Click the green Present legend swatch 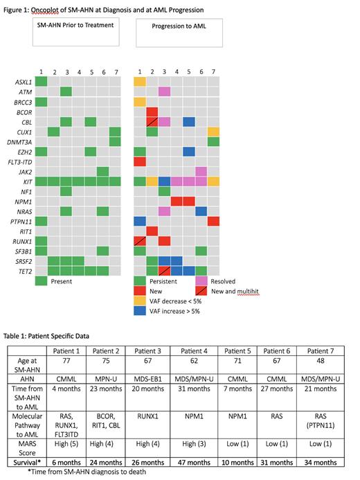[x=41, y=281]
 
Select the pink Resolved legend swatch [x=201, y=281]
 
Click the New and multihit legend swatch [x=201, y=292]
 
